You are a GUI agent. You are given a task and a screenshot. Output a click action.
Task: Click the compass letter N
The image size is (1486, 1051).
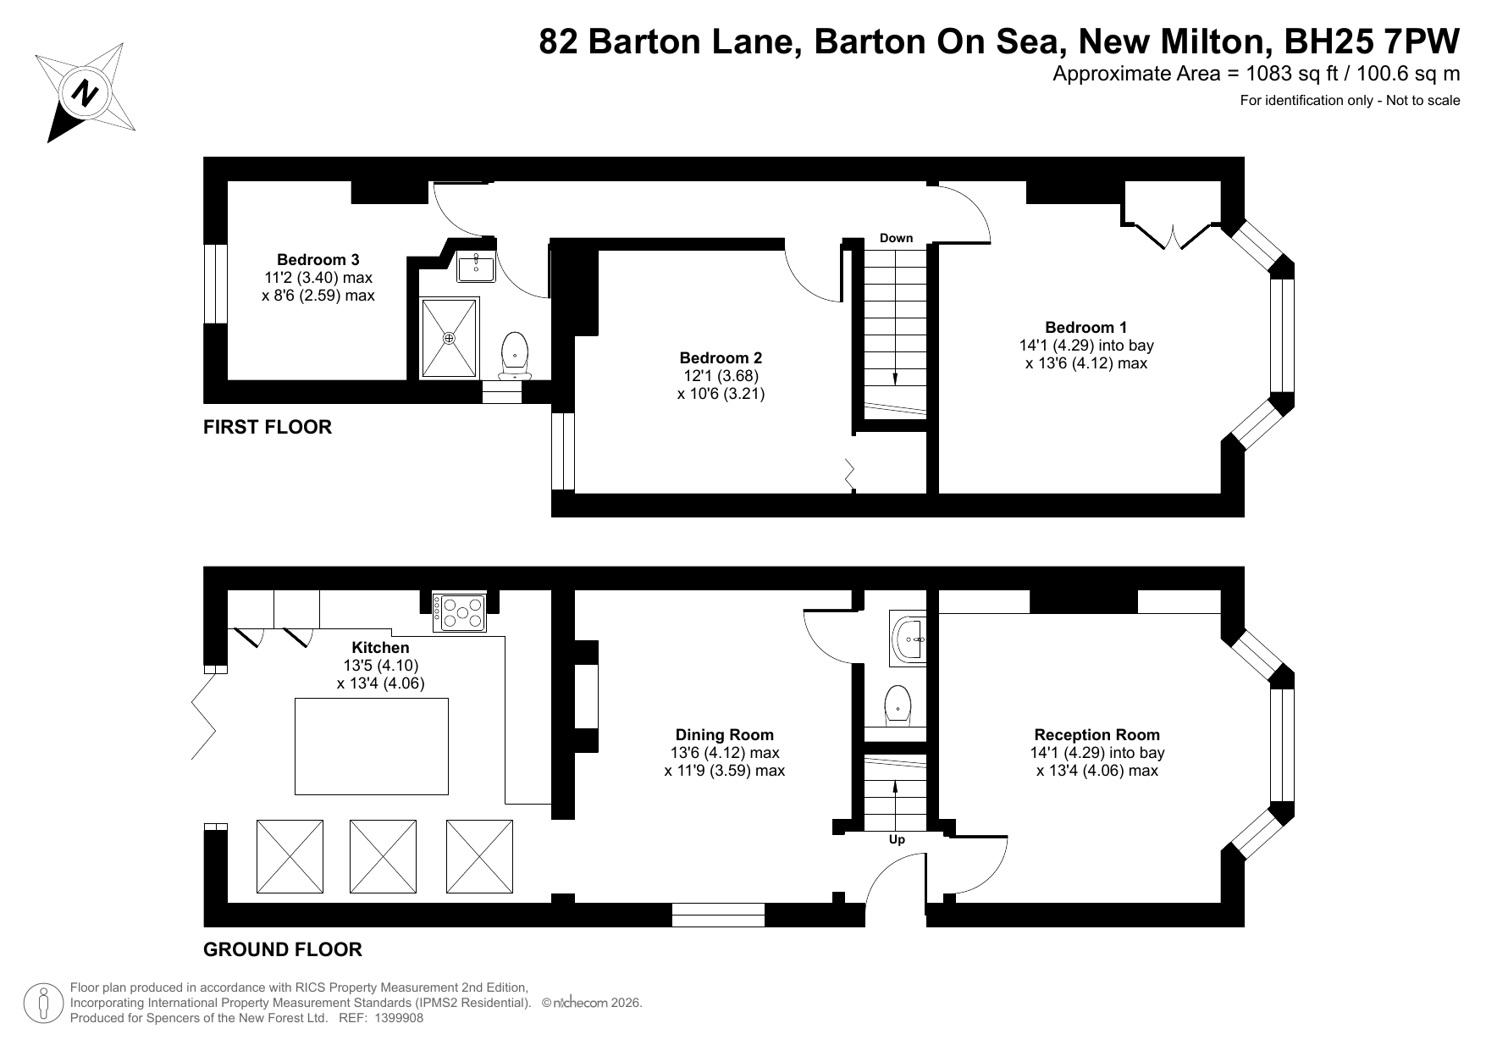coord(84,93)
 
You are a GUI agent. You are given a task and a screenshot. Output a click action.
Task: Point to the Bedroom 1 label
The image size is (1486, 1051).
coord(1086,328)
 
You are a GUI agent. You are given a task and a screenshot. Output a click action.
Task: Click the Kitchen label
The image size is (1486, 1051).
coord(380,648)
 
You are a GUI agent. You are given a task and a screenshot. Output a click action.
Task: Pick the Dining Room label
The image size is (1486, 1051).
coord(725,735)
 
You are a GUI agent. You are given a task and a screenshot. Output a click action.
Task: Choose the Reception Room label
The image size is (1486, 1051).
coord(1097,735)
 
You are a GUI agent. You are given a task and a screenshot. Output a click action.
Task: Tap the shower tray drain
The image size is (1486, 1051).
coord(450,338)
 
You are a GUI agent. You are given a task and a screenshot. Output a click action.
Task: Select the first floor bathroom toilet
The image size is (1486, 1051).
coord(515,355)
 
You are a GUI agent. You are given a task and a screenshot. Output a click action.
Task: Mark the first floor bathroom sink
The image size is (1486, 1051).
coord(477,267)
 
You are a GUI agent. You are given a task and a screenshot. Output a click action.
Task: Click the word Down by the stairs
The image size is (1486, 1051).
coord(896,238)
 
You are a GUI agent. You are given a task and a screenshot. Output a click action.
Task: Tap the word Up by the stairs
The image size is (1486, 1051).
coord(897,840)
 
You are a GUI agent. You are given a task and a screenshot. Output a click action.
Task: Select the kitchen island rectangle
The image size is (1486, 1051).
coord(371,746)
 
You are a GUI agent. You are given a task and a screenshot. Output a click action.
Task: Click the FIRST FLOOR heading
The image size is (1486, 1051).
coord(268,427)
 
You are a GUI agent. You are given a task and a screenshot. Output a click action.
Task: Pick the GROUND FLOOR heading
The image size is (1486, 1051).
coord(283,949)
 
